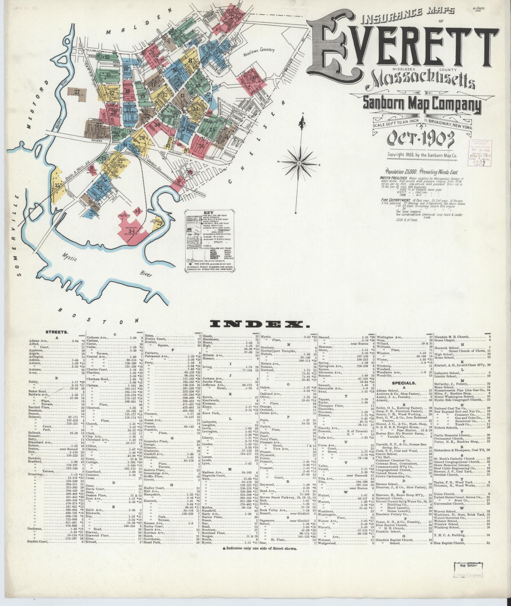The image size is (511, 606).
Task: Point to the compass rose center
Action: tap(299, 163)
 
